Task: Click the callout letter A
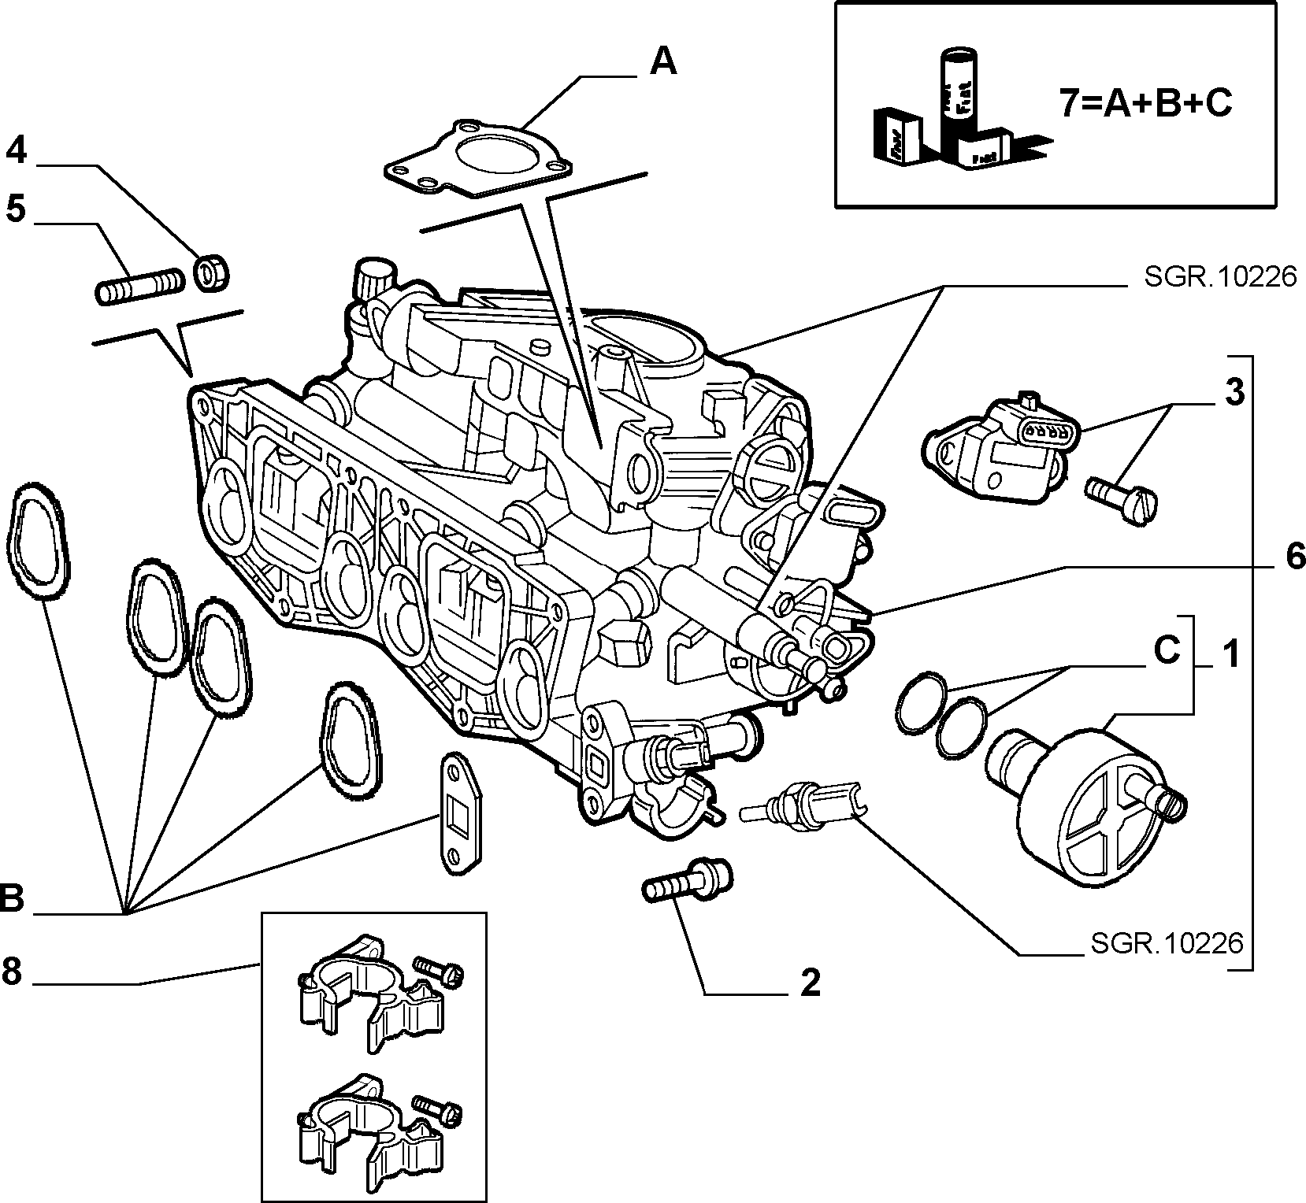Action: tap(662, 61)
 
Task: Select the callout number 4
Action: tap(17, 150)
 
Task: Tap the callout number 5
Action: tap(16, 209)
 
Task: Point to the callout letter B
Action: tap(12, 898)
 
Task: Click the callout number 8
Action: tap(11, 972)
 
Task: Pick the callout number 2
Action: tap(810, 983)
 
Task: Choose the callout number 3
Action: tap(1234, 391)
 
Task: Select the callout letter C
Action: tap(1167, 651)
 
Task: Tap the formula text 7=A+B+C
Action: tap(1145, 103)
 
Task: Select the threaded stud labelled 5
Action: tap(139, 287)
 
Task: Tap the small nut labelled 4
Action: tap(211, 272)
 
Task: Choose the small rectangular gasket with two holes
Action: tap(459, 812)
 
